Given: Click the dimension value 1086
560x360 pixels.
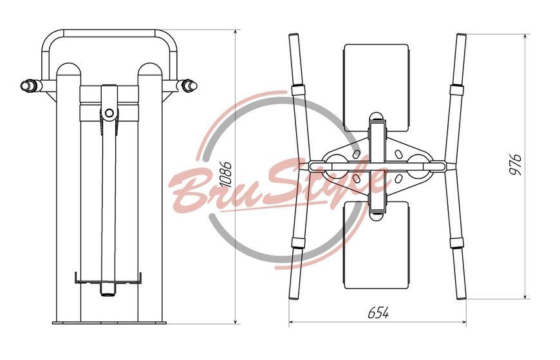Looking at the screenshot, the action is (x=226, y=175).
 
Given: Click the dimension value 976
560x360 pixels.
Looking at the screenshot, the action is (x=514, y=164).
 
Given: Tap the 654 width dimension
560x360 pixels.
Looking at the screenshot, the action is (x=378, y=313).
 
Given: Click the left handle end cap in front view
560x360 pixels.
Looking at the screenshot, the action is (x=26, y=86).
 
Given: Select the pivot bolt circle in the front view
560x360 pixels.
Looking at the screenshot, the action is (x=109, y=113).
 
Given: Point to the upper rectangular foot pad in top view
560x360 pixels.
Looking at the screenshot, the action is (x=376, y=88).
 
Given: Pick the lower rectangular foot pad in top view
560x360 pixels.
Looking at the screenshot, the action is (x=376, y=245).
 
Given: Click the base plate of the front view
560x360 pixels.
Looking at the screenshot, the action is (x=109, y=323).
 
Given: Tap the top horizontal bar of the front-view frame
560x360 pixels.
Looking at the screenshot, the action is (x=109, y=33).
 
